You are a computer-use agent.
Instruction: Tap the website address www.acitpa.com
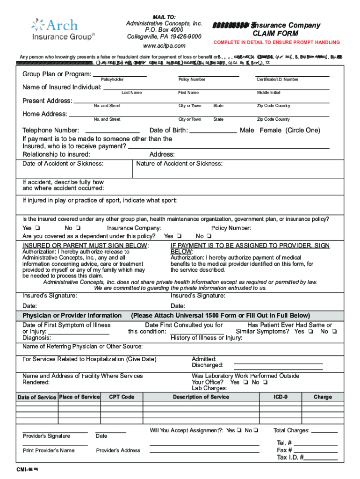click(x=164, y=45)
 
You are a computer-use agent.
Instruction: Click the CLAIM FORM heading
click(x=269, y=34)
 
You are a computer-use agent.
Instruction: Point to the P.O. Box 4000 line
click(x=164, y=30)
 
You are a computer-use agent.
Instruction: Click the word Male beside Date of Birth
click(x=247, y=131)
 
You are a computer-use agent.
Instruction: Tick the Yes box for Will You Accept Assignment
click(x=238, y=430)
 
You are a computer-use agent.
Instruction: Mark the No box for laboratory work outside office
click(x=265, y=382)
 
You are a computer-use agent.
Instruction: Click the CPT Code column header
click(x=122, y=397)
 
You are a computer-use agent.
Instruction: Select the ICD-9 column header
click(x=281, y=397)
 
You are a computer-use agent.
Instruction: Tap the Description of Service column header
click(x=201, y=397)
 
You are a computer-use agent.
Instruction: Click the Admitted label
click(x=204, y=359)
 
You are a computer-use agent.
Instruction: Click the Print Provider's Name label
click(x=49, y=450)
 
